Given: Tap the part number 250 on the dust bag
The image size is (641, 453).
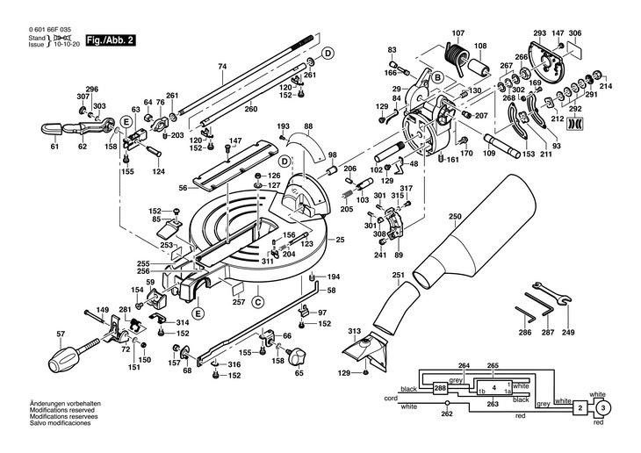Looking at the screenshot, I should point(454,217).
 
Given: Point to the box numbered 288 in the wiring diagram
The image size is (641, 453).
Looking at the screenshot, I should point(440,387).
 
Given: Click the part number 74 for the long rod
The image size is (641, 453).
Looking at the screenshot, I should point(222,67).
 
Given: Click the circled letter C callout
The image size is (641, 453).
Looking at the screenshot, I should point(258,302).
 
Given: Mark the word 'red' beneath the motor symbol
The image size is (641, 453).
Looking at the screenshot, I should point(598,423).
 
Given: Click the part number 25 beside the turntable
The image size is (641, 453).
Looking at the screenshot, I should point(339,239).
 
